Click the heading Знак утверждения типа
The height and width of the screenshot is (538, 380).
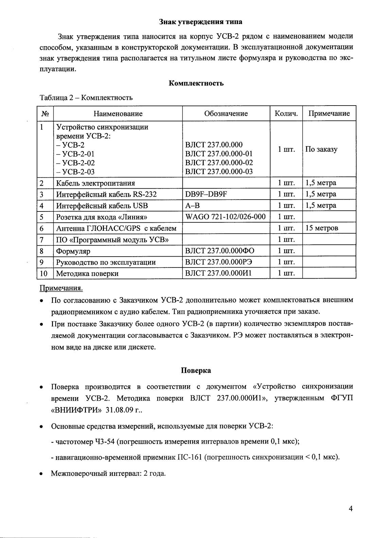pyautogui.click(x=201, y=22)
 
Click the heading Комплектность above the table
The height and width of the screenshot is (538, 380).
pyautogui.click(x=196, y=83)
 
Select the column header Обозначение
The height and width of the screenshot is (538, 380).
pyautogui.click(x=226, y=114)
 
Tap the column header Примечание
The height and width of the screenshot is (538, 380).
pyautogui.click(x=329, y=114)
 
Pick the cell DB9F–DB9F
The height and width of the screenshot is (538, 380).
pyautogui.click(x=206, y=194)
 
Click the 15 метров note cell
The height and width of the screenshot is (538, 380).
pyautogui.click(x=322, y=228)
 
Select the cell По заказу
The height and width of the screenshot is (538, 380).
pyautogui.click(x=321, y=149)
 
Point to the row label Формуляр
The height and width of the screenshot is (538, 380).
pyautogui.click(x=73, y=251)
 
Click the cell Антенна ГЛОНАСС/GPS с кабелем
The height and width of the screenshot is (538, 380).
pyautogui.click(x=116, y=228)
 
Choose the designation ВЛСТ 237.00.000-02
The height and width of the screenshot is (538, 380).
pyautogui.click(x=219, y=163)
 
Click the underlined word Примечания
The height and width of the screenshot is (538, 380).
pyautogui.click(x=61, y=289)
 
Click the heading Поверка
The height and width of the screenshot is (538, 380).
pyautogui.click(x=196, y=370)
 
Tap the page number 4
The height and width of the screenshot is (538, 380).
pyautogui.click(x=350, y=508)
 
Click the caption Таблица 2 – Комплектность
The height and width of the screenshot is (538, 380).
pyautogui.click(x=86, y=98)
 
